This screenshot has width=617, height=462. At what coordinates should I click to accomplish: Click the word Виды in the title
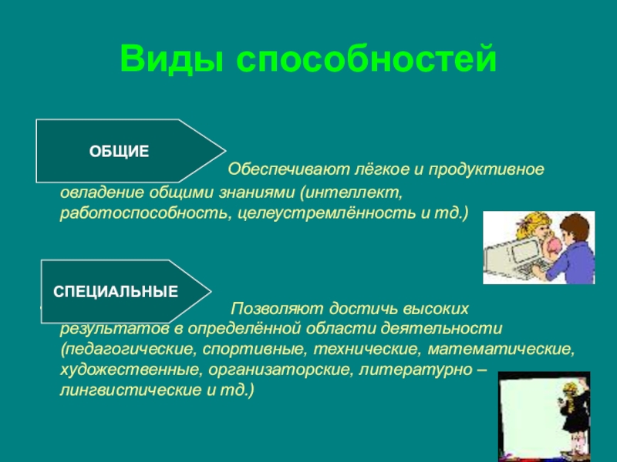(x=172, y=59)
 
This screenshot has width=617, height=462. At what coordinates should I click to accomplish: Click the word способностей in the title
(x=366, y=59)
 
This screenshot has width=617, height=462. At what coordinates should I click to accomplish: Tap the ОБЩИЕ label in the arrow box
(x=119, y=151)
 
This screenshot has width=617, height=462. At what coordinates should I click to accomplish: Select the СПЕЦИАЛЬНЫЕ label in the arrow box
(x=116, y=292)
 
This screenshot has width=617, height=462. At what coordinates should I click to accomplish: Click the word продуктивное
(x=487, y=169)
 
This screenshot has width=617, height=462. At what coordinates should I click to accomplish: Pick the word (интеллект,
(x=352, y=192)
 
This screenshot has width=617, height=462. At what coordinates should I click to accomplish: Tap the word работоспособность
(x=144, y=213)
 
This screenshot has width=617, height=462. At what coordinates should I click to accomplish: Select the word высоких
(x=436, y=309)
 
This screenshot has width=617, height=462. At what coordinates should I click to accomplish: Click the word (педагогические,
(x=128, y=349)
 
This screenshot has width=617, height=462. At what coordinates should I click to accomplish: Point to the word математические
(x=501, y=349)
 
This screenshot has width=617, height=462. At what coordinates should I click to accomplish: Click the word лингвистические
(x=130, y=390)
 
